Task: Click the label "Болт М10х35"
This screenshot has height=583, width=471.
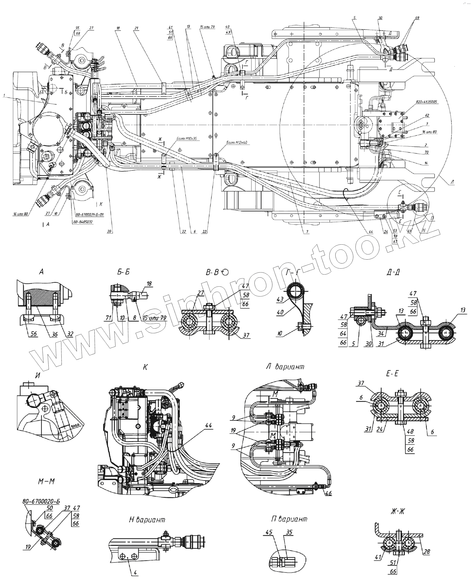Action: pos(186,139)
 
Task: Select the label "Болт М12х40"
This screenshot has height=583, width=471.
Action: pos(237,142)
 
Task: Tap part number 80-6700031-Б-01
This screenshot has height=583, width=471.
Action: pos(89,215)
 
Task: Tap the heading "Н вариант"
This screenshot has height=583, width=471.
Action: pos(147,520)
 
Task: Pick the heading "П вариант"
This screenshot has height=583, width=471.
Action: pos(289,519)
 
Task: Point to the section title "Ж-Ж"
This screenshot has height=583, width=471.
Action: pos(398,512)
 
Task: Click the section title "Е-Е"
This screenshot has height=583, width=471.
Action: pos(392,374)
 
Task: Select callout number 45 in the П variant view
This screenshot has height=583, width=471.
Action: pos(269,532)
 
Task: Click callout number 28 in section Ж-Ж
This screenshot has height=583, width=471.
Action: pos(427,551)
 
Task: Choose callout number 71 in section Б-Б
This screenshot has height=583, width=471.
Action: pos(109,318)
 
